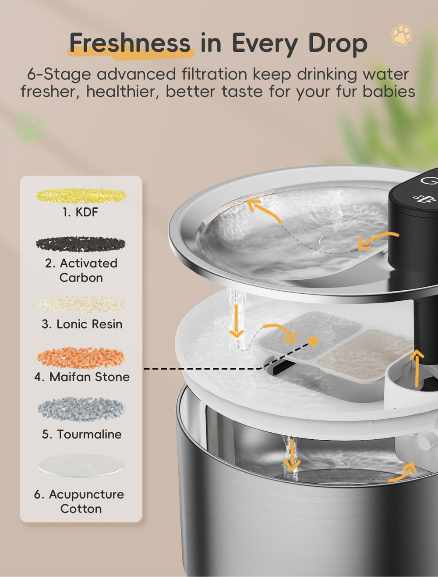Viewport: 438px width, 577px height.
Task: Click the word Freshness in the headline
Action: click(x=130, y=43)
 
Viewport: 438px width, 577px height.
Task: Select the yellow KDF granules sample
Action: click(x=81, y=196)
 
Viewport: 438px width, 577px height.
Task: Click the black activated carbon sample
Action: click(x=81, y=244)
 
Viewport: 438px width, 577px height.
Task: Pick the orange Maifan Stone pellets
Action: click(x=81, y=357)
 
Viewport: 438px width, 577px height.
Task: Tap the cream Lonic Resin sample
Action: click(x=81, y=304)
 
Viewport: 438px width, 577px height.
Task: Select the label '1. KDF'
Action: click(x=80, y=212)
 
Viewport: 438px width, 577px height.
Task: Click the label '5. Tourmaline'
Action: click(x=81, y=434)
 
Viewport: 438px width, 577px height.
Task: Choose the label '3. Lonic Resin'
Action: click(x=82, y=324)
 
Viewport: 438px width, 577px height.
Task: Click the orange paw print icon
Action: click(x=402, y=35)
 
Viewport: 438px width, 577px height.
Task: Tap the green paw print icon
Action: click(x=28, y=128)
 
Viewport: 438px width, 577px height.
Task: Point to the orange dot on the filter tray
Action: click(x=313, y=342)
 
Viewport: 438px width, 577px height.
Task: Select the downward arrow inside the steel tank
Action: click(x=291, y=455)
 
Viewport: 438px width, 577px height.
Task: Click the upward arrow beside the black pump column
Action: click(x=417, y=368)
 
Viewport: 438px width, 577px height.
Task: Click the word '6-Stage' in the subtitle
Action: click(x=59, y=75)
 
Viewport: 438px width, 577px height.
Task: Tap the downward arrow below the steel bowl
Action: click(x=237, y=321)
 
